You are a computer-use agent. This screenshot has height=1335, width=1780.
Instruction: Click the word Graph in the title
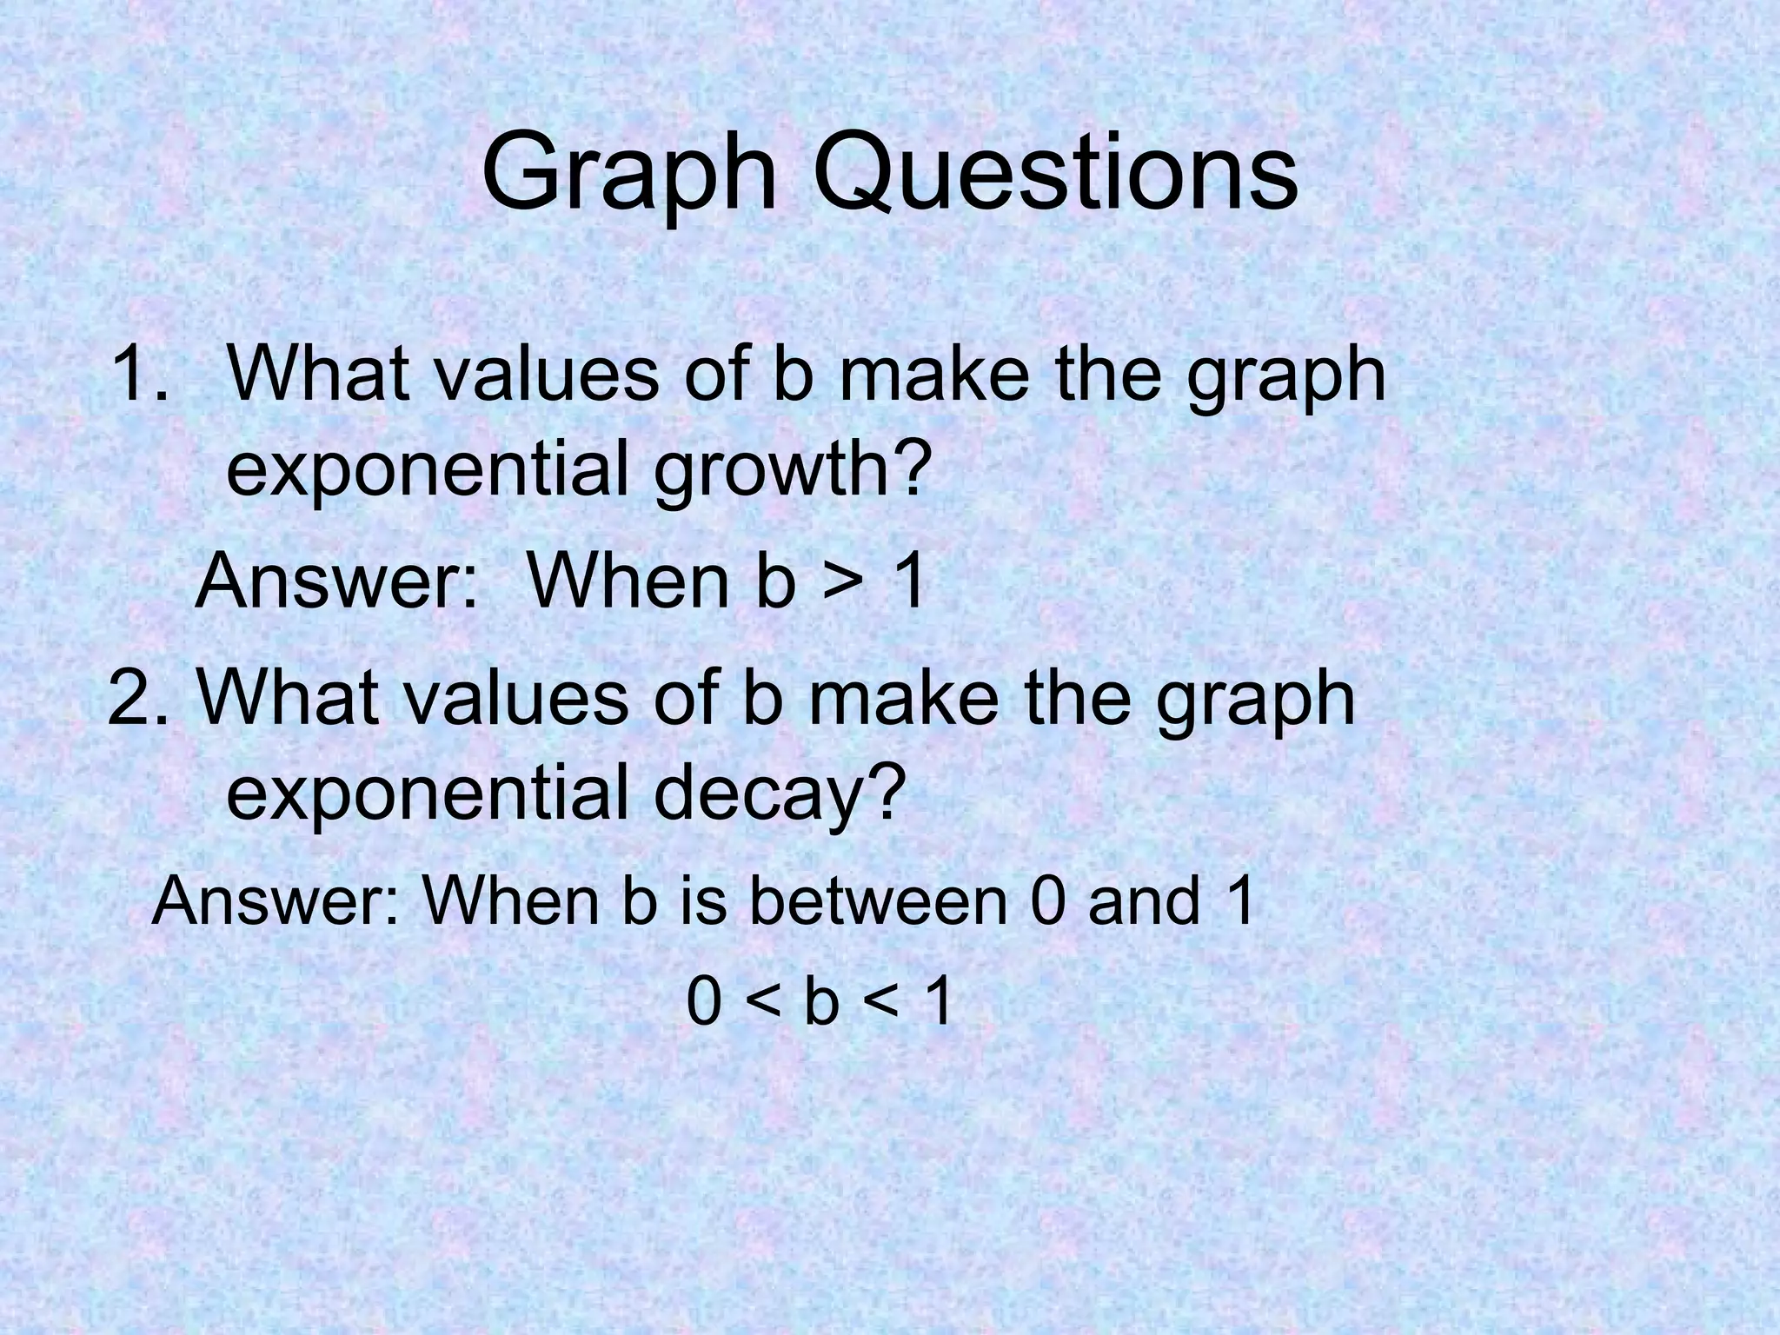pyautogui.click(x=629, y=174)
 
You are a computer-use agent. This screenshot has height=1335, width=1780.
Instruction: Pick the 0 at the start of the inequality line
pyautogui.click(x=704, y=1002)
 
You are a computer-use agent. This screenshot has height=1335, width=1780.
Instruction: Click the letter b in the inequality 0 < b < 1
pyautogui.click(x=821, y=1002)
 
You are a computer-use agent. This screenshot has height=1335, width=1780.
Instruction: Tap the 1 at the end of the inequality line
pyautogui.click(x=938, y=1002)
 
